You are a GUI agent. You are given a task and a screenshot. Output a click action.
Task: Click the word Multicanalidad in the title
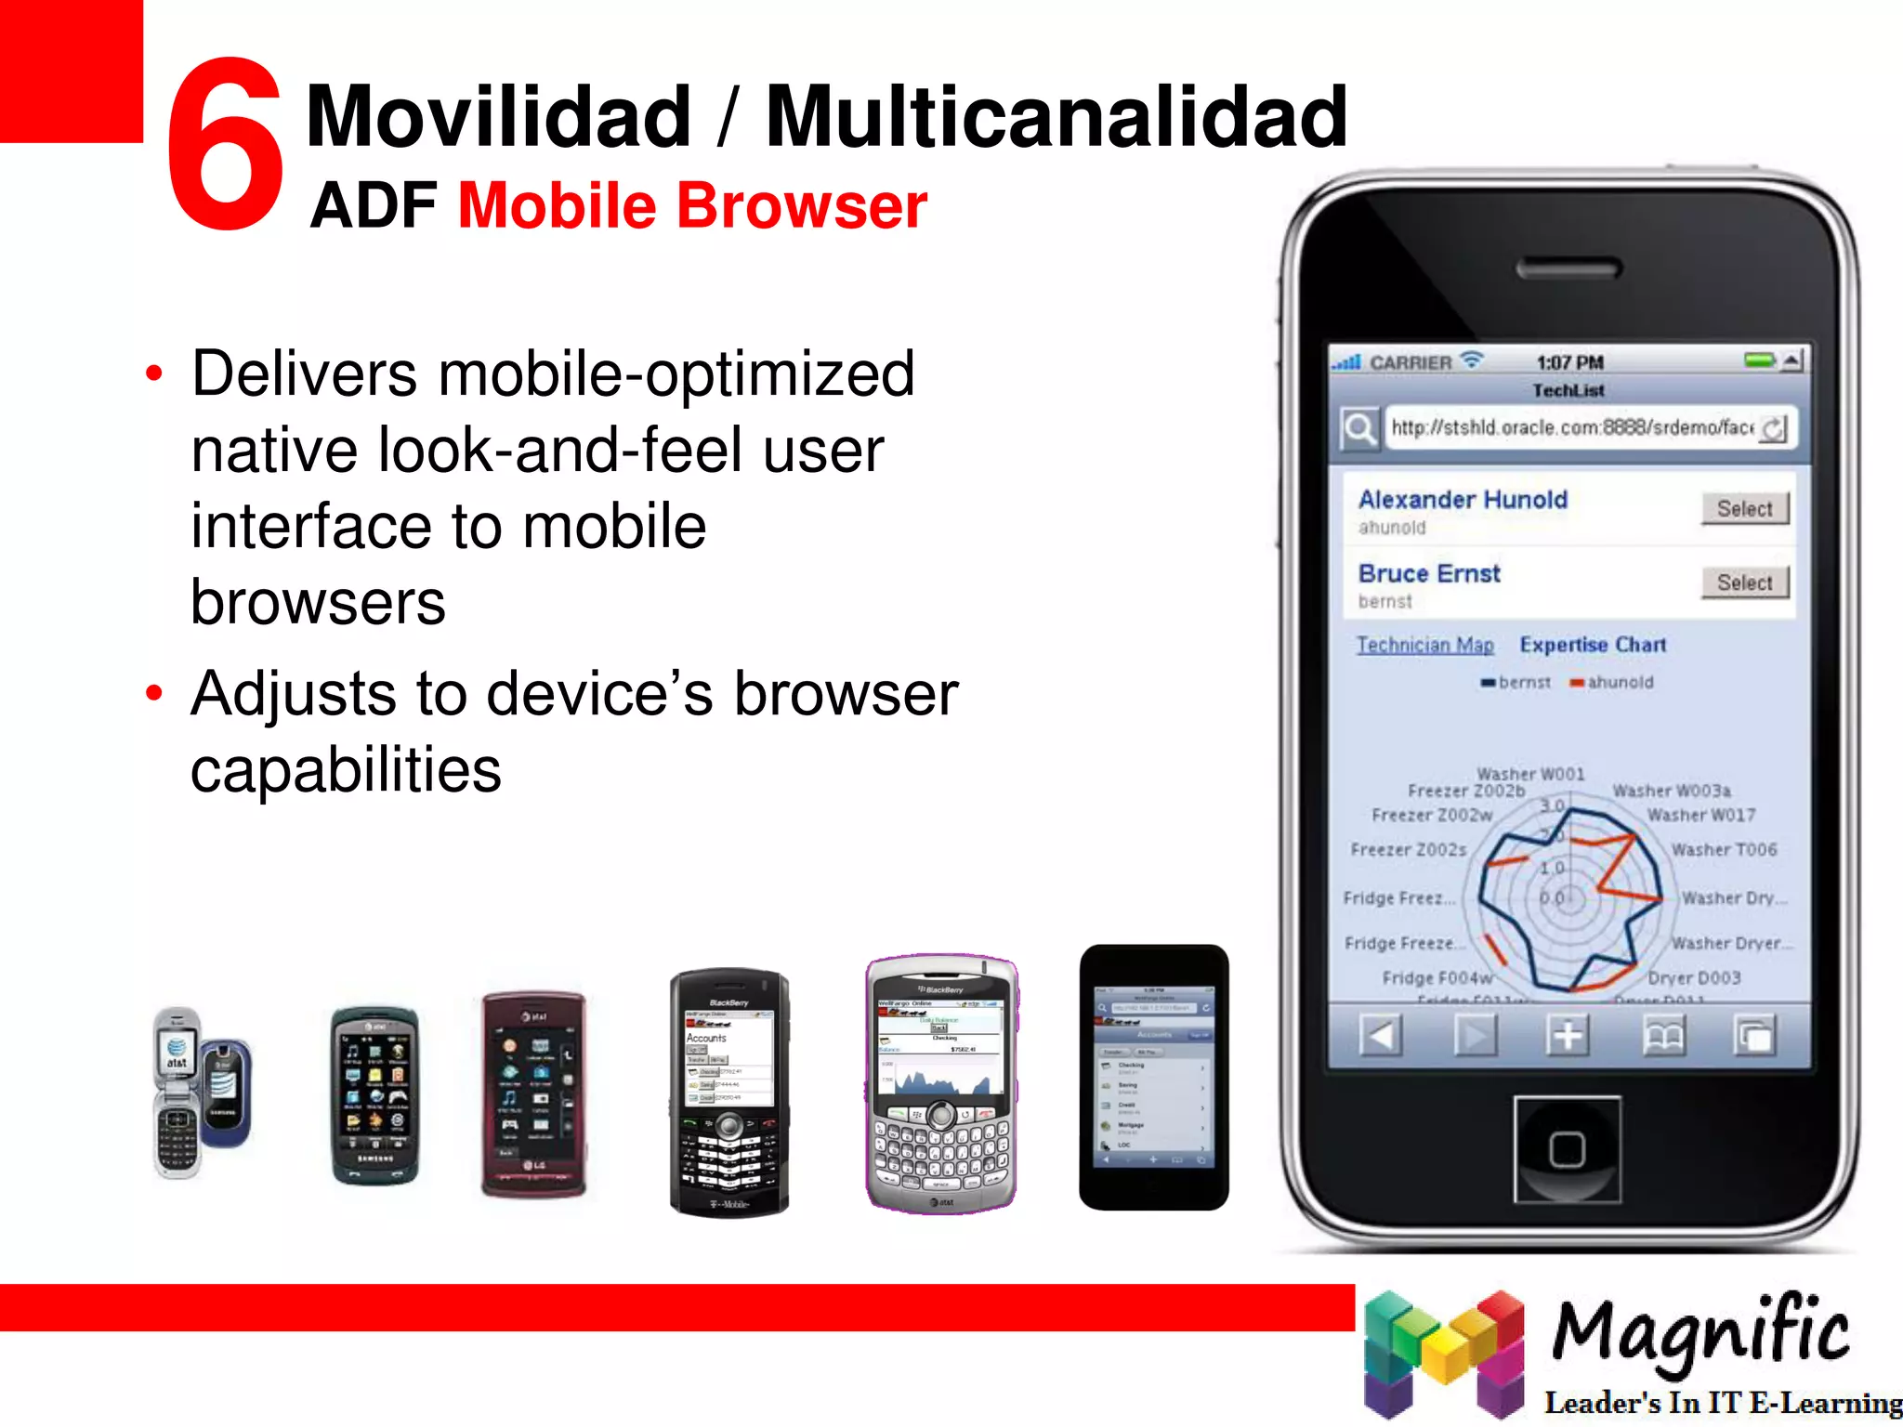[x=1056, y=117]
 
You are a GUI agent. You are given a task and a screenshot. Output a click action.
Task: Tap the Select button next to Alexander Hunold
[x=1744, y=508]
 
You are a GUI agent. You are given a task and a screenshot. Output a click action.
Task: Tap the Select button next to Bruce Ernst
[x=1744, y=583]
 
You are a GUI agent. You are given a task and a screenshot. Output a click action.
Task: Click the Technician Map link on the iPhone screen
[x=1424, y=645]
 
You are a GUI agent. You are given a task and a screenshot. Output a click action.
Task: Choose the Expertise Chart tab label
[x=1593, y=645]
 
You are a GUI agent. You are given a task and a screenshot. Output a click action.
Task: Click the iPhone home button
[x=1567, y=1149]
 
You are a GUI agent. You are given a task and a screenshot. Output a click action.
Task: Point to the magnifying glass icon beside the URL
[x=1359, y=429]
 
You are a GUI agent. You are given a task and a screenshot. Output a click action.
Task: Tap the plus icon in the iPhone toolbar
[x=1568, y=1035]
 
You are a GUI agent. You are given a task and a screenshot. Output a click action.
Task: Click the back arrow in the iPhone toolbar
[x=1380, y=1035]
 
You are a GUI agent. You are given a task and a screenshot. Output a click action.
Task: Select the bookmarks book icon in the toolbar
[x=1663, y=1035]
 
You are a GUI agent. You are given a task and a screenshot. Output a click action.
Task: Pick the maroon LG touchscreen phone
[x=533, y=1094]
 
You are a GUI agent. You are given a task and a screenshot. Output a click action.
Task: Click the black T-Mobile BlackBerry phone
[x=729, y=1093]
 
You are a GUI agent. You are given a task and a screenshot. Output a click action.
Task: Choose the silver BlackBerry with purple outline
[x=940, y=1083]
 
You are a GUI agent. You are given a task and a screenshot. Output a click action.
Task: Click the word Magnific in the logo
[x=1700, y=1331]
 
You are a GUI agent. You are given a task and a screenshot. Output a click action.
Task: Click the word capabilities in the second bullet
[x=346, y=770]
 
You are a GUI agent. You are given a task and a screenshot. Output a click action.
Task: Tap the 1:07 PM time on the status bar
[x=1569, y=362]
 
